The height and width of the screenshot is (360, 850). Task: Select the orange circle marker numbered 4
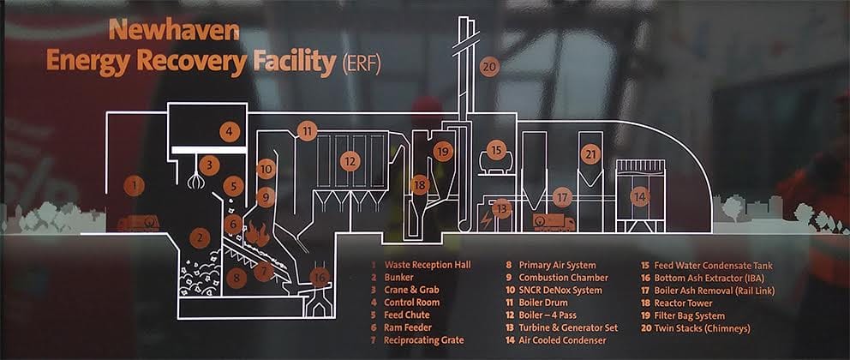[229, 131]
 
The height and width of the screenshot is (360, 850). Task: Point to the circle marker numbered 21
[590, 154]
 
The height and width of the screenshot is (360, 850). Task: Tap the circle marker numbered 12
[349, 160]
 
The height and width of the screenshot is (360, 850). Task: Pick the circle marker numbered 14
[639, 196]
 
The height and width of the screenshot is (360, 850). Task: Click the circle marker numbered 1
[133, 184]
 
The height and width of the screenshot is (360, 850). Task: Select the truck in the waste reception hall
[137, 224]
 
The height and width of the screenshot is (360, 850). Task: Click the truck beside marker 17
[554, 223]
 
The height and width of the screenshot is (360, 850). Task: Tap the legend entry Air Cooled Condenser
[566, 340]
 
